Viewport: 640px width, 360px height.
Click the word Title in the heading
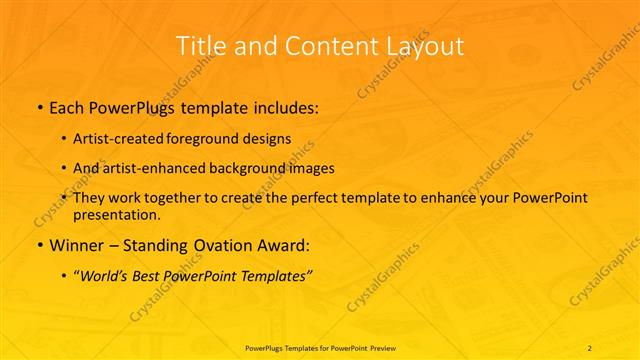(198, 46)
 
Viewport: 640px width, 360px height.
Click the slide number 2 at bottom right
(590, 346)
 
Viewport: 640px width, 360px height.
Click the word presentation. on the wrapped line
(117, 214)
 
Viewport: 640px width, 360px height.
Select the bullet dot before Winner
(38, 246)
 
